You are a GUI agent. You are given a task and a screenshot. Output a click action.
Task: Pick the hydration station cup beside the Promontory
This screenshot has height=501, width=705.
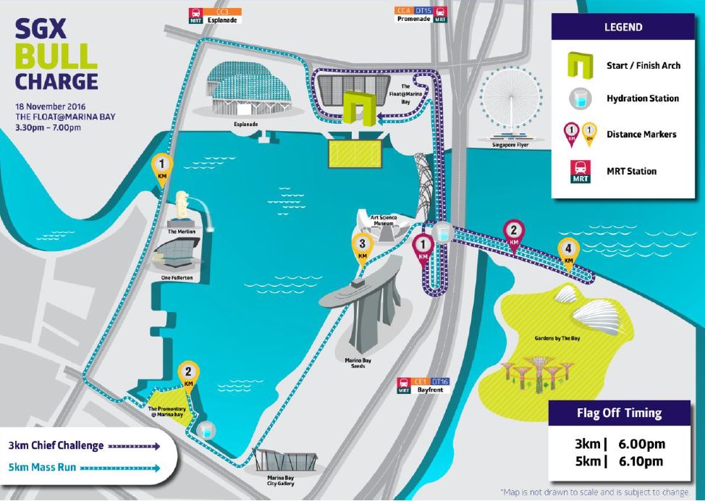click(206, 431)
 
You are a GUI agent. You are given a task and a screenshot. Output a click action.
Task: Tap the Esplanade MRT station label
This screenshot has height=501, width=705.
click(216, 16)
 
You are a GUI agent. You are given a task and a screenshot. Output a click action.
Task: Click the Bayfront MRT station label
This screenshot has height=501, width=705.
click(423, 386)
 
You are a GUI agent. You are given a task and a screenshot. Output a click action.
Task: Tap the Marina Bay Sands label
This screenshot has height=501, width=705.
click(358, 363)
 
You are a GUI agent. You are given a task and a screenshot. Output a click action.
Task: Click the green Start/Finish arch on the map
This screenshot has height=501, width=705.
click(359, 107)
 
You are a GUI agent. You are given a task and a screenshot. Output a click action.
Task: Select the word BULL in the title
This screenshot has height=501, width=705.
click(56, 56)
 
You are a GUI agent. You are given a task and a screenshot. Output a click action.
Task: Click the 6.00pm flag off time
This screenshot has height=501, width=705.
click(641, 444)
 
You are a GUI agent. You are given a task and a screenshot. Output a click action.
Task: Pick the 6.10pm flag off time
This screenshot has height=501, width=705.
click(641, 461)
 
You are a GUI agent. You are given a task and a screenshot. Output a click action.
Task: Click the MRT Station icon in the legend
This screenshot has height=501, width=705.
click(581, 172)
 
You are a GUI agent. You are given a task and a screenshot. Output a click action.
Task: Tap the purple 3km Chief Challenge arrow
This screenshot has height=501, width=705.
click(134, 446)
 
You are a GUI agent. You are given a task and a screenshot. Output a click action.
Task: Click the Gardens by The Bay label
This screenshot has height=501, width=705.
click(557, 338)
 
